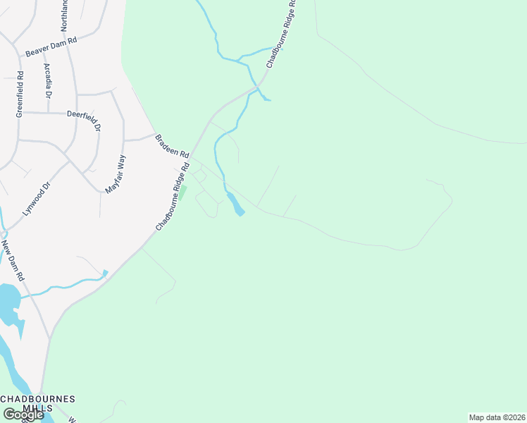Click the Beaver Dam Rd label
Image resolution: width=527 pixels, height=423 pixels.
point(50,47)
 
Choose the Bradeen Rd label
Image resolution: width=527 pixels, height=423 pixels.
point(172,146)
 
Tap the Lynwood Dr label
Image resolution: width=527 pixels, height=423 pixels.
point(37,200)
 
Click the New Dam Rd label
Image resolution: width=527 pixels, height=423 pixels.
point(13,260)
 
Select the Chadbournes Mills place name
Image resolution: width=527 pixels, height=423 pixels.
point(38,404)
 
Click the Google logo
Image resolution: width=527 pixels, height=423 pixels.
point(23,415)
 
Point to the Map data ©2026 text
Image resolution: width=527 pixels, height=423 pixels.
point(497,417)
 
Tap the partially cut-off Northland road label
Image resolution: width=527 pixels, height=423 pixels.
point(65,14)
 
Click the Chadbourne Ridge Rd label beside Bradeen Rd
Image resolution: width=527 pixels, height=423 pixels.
point(173,197)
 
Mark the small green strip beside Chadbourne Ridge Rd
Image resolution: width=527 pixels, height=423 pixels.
point(183,190)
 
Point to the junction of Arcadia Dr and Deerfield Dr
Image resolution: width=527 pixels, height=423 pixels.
point(48,112)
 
